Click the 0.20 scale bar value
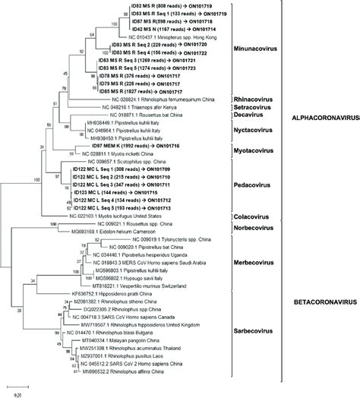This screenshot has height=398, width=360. pyautogui.click(x=17, y=393)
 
